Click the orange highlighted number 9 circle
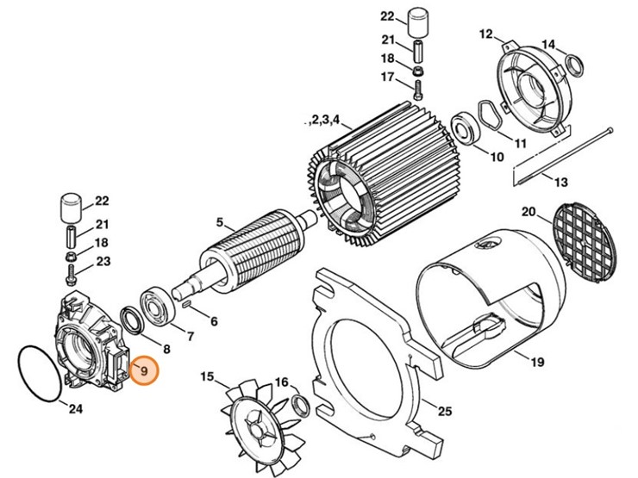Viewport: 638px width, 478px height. pos(144,372)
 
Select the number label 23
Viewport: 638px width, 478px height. pos(103,262)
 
